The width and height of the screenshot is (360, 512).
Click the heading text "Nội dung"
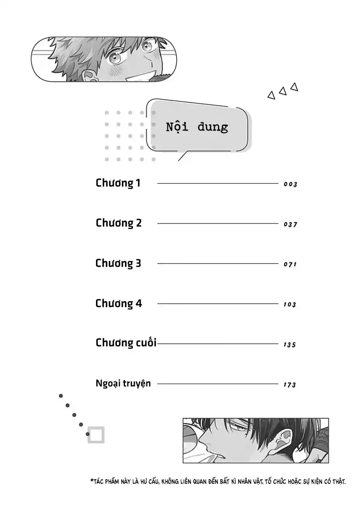[197, 127]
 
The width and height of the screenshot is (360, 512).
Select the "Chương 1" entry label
[118, 183]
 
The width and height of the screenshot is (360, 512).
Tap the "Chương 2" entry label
[119, 223]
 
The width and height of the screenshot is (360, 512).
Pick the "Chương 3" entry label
[118, 264]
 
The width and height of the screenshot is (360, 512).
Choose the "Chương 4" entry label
[119, 304]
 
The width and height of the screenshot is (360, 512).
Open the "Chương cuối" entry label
[126, 343]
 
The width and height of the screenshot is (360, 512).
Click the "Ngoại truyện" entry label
[123, 384]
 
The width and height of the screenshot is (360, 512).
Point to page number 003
[290, 184]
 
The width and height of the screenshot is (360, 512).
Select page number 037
[290, 224]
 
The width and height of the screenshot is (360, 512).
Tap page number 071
[290, 265]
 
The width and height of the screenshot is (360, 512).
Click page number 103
[290, 305]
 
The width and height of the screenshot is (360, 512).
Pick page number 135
[290, 345]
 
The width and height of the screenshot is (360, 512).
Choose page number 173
[290, 385]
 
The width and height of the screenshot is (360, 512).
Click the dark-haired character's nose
[203, 439]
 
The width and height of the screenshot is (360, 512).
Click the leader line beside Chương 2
[218, 223]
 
